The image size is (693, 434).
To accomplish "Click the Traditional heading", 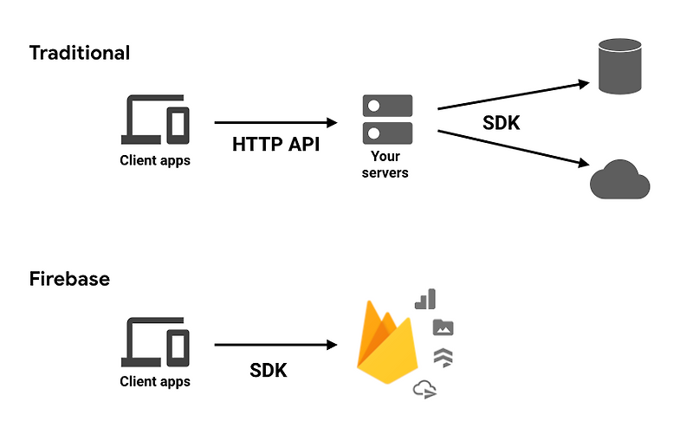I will point(80,53).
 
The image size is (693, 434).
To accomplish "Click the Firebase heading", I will point(70,279).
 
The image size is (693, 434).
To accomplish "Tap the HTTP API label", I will point(275,144).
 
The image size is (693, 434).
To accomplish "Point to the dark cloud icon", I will point(619,179).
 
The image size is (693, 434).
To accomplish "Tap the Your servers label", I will point(385,165).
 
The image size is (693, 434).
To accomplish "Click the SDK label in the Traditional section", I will point(501,123).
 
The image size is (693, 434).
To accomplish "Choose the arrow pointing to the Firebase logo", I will point(275,346).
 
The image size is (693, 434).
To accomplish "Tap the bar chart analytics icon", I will point(424,300).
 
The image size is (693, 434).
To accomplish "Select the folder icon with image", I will point(443,327).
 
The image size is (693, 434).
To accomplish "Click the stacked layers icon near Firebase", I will point(443,357).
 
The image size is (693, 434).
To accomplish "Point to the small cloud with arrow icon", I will point(424,389).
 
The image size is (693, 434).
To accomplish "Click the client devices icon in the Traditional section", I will point(155,120).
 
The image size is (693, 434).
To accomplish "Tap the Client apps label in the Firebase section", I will point(155,381).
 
